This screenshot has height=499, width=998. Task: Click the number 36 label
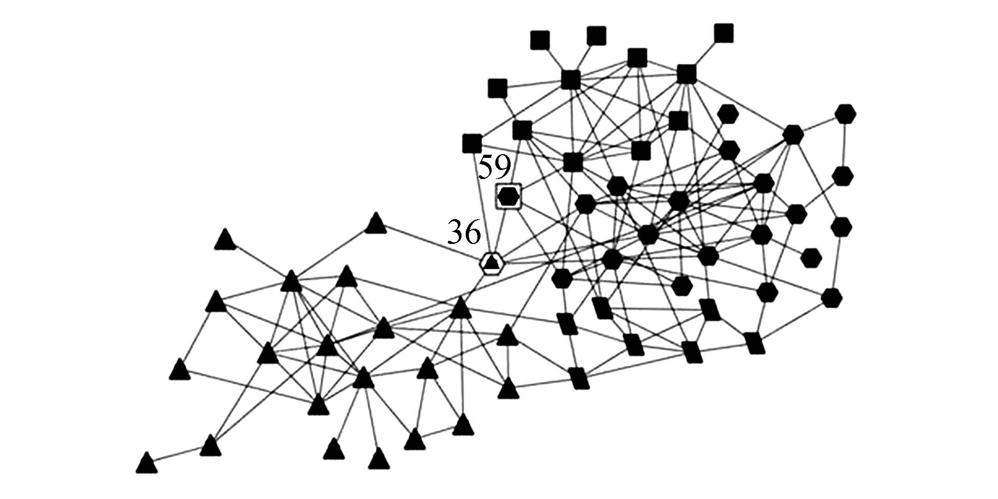point(465,232)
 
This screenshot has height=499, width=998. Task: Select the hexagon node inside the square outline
point(509,196)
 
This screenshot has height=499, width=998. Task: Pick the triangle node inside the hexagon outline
point(492,262)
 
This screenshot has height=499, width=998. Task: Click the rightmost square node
point(723,33)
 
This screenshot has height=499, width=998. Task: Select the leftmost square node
point(472,143)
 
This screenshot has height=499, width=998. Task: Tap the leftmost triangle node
point(146,464)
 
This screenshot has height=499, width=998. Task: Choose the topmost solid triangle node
point(376,224)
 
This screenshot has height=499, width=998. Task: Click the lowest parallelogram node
point(579,378)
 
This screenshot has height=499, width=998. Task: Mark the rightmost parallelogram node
point(755,343)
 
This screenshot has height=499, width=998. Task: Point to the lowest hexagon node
point(832,298)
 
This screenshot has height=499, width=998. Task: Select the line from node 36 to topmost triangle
point(433,243)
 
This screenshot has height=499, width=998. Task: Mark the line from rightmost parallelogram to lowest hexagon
point(793,321)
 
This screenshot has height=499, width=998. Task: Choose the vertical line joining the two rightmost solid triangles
point(508,362)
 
